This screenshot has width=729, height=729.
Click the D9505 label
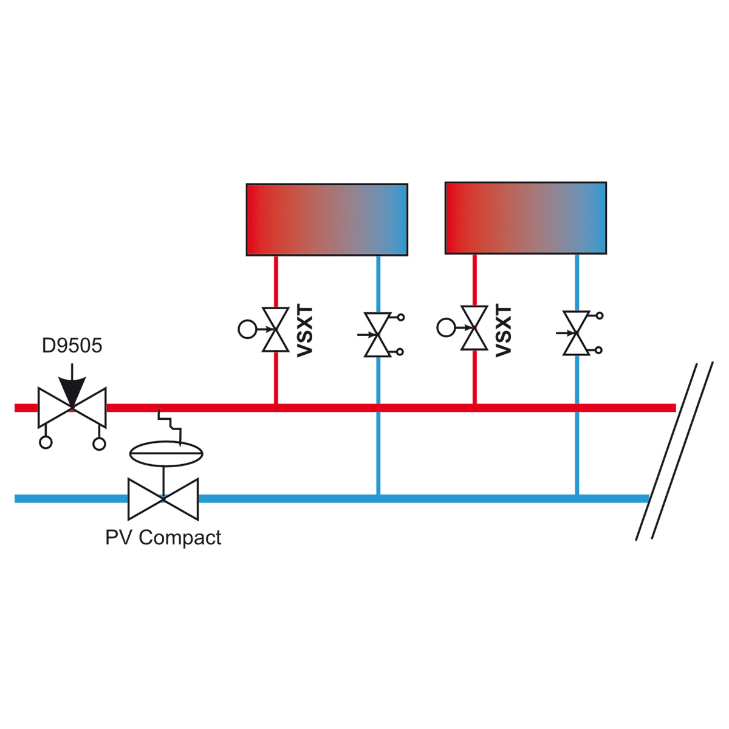click(x=72, y=346)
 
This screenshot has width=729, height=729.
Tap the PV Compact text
click(x=163, y=538)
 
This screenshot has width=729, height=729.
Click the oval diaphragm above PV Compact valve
click(x=166, y=454)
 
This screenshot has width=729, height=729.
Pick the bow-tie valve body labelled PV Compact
click(x=163, y=499)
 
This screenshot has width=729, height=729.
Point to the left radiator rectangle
click(x=327, y=219)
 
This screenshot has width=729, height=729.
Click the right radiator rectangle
click(x=525, y=218)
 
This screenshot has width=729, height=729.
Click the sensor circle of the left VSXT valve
click(x=247, y=329)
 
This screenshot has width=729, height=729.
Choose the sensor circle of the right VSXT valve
click(x=446, y=327)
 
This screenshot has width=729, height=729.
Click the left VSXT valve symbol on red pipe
click(x=276, y=329)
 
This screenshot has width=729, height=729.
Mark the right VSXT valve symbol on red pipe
click(x=474, y=327)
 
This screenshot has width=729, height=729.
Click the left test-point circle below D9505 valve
click(x=46, y=442)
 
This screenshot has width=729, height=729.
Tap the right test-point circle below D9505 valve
click(x=99, y=443)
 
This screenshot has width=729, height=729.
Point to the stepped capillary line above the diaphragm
click(x=170, y=426)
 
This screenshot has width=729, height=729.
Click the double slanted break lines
click(x=674, y=450)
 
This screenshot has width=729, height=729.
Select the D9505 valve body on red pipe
click(x=72, y=408)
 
